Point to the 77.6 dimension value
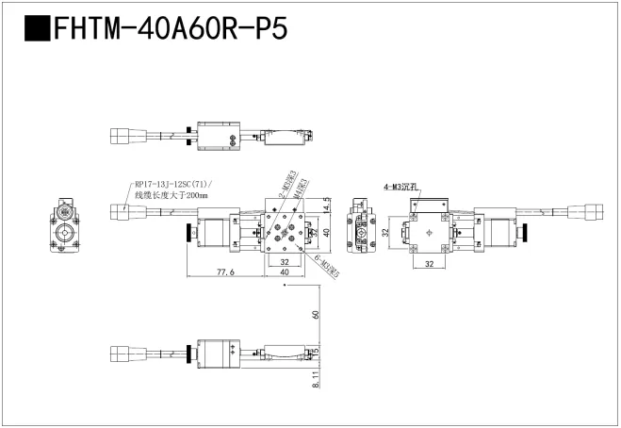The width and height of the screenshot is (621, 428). tap(225, 272)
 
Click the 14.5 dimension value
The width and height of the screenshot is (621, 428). tap(326, 205)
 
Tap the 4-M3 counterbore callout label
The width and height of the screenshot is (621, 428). tap(401, 187)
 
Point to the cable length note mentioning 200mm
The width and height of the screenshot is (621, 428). tap(170, 195)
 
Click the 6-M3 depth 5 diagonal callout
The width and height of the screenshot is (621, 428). tap(327, 266)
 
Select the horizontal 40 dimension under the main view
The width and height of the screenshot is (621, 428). tap(284, 272)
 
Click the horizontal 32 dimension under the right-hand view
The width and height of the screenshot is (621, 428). tap(430, 266)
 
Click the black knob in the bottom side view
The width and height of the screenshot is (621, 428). tap(193, 355)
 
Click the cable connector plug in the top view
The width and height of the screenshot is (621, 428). tap(122, 134)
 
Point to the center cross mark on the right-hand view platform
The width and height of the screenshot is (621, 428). tap(430, 232)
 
